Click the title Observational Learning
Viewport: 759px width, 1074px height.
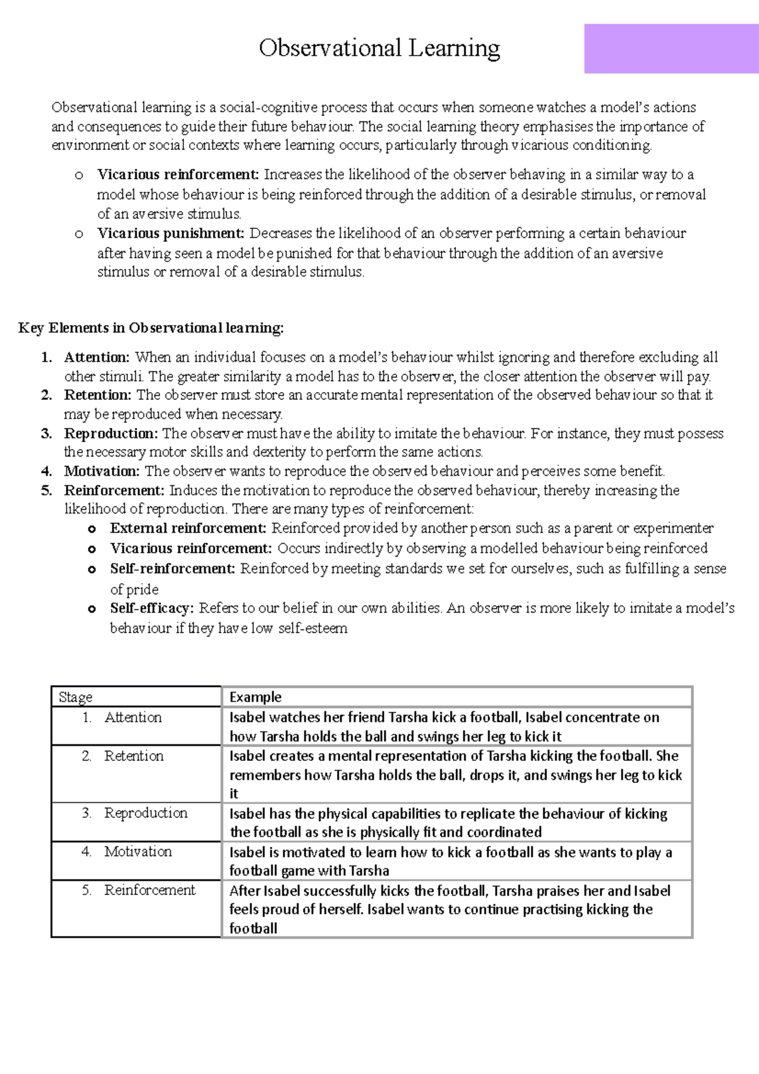[379, 48]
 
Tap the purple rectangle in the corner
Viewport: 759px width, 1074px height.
[671, 49]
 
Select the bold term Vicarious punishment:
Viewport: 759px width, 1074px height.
[170, 233]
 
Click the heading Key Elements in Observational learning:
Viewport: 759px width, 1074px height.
[151, 328]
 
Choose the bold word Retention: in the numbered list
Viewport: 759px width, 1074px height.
[97, 395]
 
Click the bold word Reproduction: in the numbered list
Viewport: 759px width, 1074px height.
[111, 434]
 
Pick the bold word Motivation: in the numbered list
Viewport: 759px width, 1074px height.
[101, 471]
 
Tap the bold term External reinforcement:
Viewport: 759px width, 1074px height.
[188, 528]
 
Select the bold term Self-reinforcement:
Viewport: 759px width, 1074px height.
[173, 569]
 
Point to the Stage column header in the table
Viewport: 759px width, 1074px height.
[75, 697]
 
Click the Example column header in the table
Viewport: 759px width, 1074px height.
[255, 697]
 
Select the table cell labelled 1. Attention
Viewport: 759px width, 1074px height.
[133, 717]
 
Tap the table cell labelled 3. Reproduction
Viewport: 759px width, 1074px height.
[145, 813]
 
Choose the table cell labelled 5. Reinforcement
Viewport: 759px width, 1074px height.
[149, 890]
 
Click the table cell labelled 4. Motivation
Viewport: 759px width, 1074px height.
[137, 851]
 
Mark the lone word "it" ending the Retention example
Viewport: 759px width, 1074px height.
[233, 794]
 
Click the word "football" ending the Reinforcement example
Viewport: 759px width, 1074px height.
[253, 929]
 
